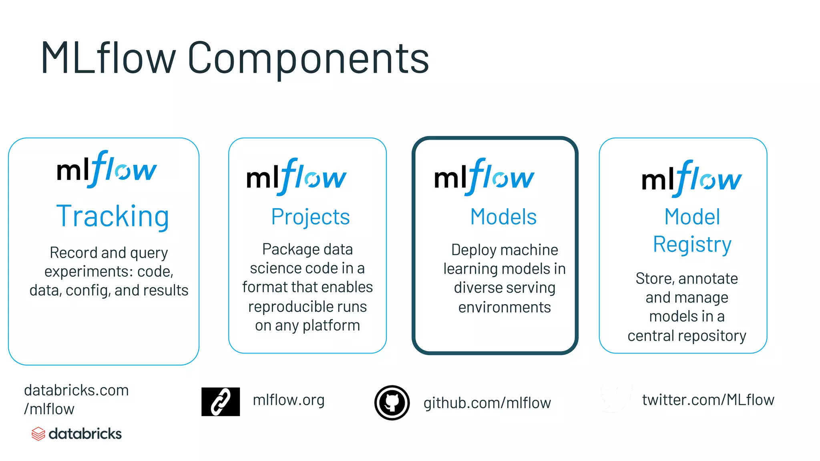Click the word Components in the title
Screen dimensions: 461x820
click(308, 58)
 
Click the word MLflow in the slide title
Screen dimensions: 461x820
click(108, 58)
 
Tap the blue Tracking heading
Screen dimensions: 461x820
click(113, 216)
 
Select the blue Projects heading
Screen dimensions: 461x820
click(310, 217)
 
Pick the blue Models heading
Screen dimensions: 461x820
click(503, 217)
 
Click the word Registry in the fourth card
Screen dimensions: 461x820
click(692, 245)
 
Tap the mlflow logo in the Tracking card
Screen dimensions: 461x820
click(107, 169)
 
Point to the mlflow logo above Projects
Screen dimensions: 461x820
click(296, 177)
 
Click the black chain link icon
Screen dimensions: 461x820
click(220, 401)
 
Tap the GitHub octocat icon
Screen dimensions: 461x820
click(392, 403)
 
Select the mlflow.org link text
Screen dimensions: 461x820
click(289, 400)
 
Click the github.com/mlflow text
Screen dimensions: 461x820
click(487, 403)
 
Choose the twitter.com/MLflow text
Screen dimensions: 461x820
click(708, 400)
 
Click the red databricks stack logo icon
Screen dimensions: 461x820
click(38, 434)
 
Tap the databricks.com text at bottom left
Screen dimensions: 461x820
click(76, 390)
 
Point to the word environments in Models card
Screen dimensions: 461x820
click(504, 307)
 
